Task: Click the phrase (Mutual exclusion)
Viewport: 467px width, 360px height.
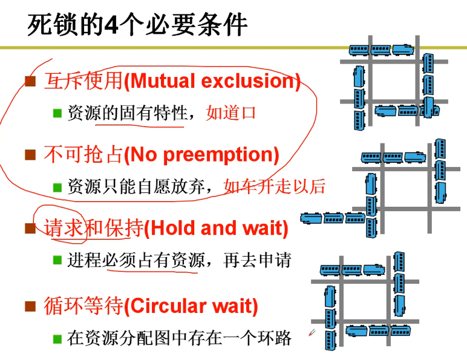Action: point(212,81)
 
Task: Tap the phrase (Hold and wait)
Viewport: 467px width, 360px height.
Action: point(216,228)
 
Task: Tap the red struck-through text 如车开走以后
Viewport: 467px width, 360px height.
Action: point(274,186)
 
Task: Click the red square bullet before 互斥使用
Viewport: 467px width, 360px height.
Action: point(30,82)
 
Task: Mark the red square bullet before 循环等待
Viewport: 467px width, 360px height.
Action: point(30,307)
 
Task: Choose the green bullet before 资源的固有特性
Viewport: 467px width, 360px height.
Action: point(57,113)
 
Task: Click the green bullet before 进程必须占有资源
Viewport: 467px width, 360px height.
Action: point(57,260)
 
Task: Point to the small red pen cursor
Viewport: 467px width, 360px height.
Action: point(312,332)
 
